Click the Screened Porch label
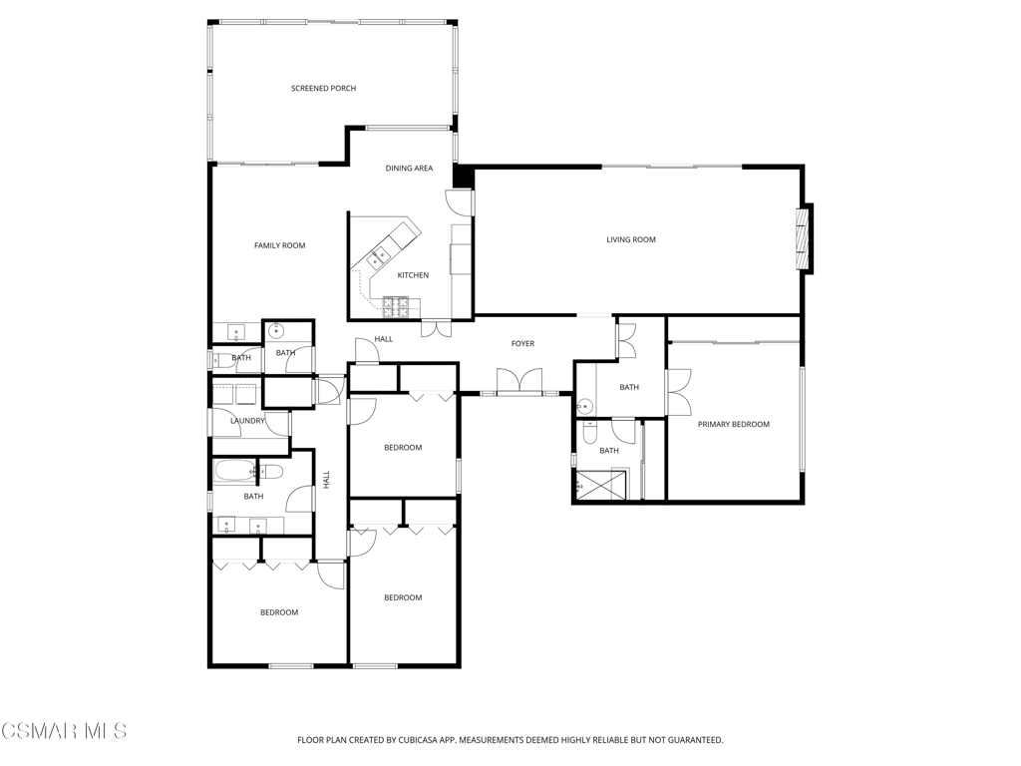pos(324,89)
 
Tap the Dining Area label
pos(409,169)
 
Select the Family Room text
pos(279,245)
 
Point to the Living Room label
pos(631,239)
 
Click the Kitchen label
pos(413,275)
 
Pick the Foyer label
pos(522,343)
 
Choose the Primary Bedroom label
pos(734,424)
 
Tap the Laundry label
pos(247,421)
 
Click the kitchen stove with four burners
pos(395,307)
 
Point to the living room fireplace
pos(806,239)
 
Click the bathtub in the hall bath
pos(234,472)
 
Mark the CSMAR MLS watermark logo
pos(64,730)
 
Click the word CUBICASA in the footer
pos(423,740)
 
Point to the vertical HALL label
pos(326,480)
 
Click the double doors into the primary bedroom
pos(679,392)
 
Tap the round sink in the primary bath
pos(584,407)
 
